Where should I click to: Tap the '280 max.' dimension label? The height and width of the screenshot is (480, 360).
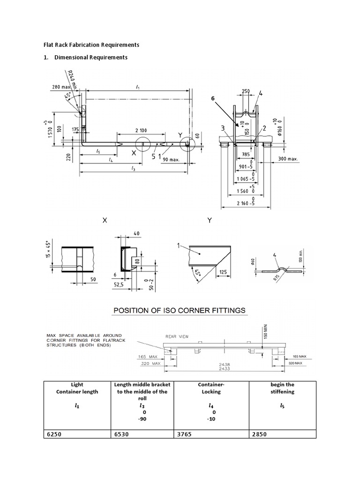(x=61, y=87)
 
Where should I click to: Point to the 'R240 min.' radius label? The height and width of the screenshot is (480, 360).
(x=71, y=80)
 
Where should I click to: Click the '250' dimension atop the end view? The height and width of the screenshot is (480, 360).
(x=246, y=91)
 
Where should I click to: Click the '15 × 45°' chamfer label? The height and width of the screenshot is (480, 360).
(x=42, y=254)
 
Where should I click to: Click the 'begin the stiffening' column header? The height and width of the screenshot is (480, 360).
(x=282, y=388)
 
